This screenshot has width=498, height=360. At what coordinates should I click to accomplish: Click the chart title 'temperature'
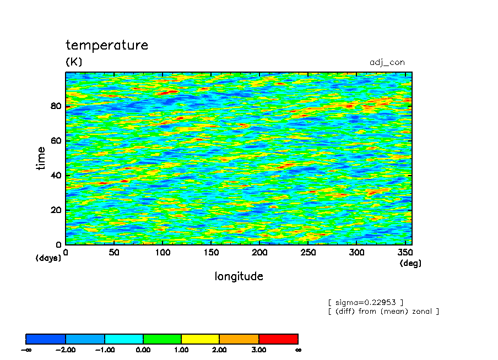coord(107,45)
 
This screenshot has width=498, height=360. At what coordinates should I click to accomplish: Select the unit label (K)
coord(74,61)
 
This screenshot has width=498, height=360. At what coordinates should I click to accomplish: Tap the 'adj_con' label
coord(387,63)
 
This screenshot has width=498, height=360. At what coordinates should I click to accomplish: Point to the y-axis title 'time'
coord(41,158)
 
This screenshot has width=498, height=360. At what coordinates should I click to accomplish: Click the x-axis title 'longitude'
coord(239,276)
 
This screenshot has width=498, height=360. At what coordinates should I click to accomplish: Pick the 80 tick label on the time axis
coord(56,106)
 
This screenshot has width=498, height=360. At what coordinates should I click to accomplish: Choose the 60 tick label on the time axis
coord(56,140)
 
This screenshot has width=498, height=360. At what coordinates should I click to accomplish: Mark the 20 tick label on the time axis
coord(56,210)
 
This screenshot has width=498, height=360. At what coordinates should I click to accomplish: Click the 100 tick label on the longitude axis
coord(163,252)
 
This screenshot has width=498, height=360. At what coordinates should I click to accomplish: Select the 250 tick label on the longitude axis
coord(308,252)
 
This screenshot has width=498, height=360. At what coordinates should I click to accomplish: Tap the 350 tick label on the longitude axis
coord(405,252)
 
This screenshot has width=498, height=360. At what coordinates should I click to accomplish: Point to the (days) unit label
coord(48,258)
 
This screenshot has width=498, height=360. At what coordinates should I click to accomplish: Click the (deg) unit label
coord(410,263)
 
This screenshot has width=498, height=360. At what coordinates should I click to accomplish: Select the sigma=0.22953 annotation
coord(366,302)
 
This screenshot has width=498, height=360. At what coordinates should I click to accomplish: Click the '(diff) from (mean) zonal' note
coord(383,312)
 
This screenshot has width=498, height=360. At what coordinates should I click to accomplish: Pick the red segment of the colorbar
coord(279,339)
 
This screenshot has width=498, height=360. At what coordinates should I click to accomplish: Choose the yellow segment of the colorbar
coord(200,339)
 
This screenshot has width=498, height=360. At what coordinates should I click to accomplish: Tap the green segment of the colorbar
coord(163,339)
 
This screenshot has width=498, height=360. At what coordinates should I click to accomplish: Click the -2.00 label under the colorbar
coord(66,350)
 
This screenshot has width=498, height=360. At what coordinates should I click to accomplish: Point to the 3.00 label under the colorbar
coord(259,350)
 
